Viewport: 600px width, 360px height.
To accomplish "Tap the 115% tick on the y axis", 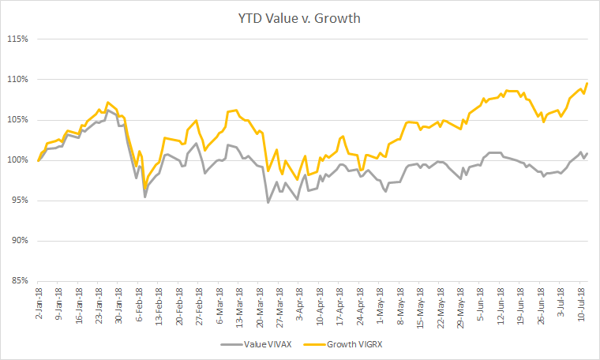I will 17,39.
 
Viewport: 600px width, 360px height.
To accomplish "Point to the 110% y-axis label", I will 17,79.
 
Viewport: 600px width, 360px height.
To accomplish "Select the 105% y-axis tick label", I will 17,120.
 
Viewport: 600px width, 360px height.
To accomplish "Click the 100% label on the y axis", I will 17,160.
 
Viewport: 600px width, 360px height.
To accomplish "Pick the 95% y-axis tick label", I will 19,201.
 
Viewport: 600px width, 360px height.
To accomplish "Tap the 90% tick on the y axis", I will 19,241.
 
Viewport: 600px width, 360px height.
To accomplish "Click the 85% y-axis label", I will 19,281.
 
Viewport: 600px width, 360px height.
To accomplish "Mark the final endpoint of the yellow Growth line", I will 588,83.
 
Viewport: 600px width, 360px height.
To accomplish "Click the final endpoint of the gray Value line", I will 588,153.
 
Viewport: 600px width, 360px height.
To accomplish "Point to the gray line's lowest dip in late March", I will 268,203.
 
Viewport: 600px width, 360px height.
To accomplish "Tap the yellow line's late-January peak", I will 107,103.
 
